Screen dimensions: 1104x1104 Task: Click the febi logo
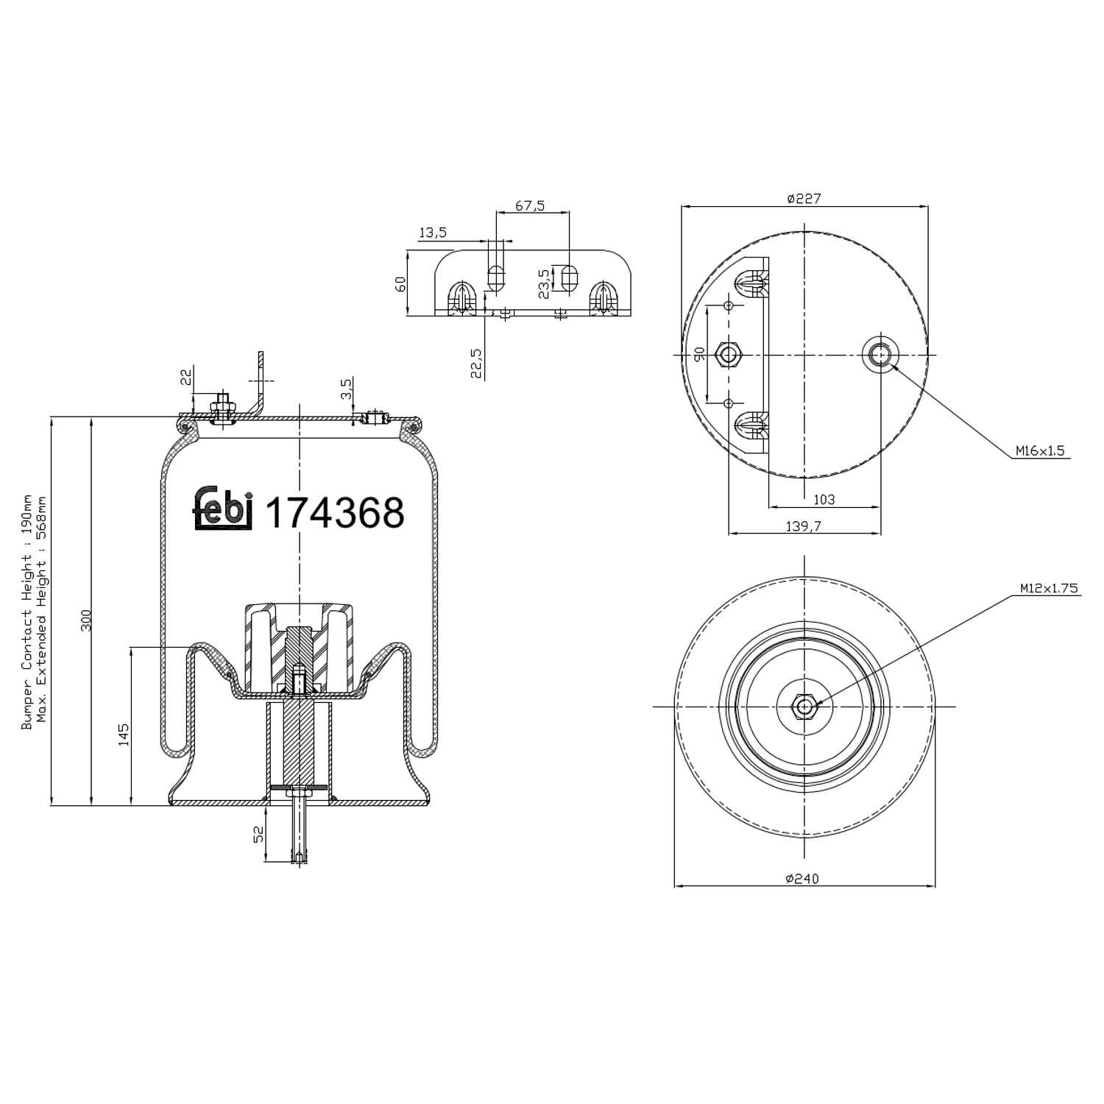tap(223, 509)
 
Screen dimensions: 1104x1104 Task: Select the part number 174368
tap(334, 513)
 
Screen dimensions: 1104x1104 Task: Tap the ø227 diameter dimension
tap(804, 198)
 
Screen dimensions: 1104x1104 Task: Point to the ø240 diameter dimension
tap(802, 878)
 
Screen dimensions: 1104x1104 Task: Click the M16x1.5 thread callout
tap(1040, 450)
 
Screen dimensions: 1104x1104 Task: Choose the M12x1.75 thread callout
tap(1048, 588)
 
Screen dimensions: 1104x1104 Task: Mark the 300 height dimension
tap(86, 619)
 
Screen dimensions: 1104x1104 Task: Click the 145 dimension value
tap(124, 734)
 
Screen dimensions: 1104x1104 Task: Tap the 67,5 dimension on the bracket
tap(530, 206)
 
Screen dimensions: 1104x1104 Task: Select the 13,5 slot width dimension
tap(433, 233)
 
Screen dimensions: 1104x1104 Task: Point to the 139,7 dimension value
tap(803, 526)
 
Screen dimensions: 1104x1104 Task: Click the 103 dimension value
tap(824, 499)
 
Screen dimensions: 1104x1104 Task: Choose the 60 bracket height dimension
tap(400, 283)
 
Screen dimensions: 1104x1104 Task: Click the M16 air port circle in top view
tap(880, 355)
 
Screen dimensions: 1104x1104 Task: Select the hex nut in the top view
tap(729, 355)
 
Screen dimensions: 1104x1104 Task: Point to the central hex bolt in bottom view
tap(804, 707)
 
